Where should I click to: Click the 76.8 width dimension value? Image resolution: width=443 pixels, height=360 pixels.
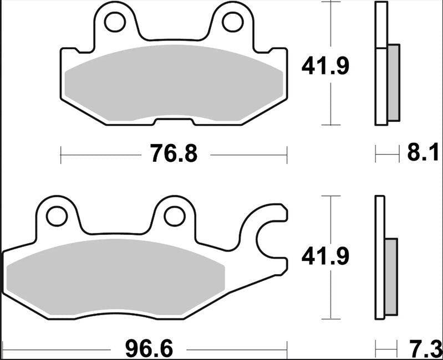click(172, 153)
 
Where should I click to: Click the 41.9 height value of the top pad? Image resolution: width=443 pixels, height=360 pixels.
click(325, 67)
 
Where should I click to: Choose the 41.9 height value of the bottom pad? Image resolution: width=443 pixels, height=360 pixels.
click(325, 257)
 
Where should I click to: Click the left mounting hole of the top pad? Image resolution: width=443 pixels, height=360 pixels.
click(115, 22)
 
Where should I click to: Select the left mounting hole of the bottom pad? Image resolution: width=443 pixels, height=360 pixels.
click(56, 216)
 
